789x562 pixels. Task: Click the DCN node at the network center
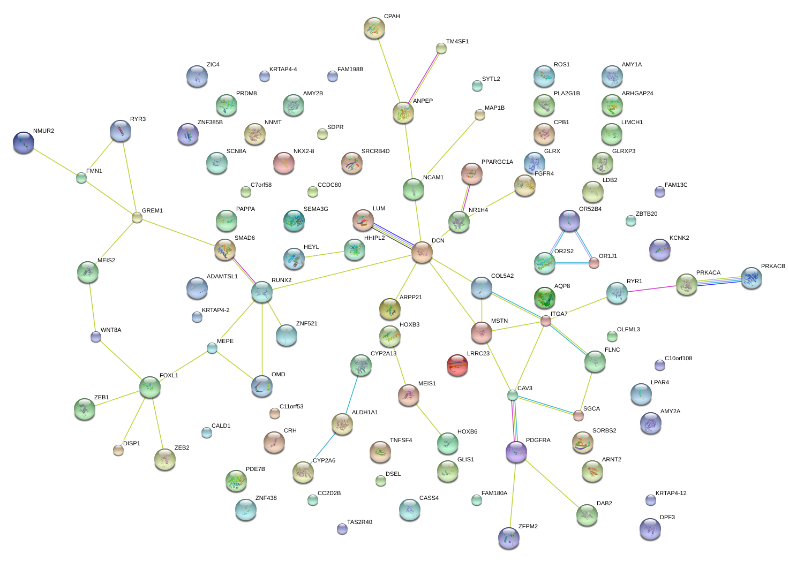pyautogui.click(x=422, y=252)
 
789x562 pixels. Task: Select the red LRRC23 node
pyautogui.click(x=457, y=365)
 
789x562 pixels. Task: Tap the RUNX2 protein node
pyautogui.click(x=262, y=292)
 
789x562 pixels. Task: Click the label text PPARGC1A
pyautogui.click(x=497, y=162)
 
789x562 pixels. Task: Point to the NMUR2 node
pyautogui.click(x=24, y=142)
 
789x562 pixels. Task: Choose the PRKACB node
pyautogui.click(x=751, y=278)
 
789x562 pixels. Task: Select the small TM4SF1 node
pyautogui.click(x=441, y=49)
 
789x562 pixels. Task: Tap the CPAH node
pyautogui.click(x=374, y=28)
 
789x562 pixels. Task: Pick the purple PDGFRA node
pyautogui.click(x=516, y=452)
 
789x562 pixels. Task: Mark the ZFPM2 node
pyautogui.click(x=508, y=538)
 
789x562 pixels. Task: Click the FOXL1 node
pyautogui.click(x=150, y=387)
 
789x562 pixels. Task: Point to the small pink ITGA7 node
pyautogui.click(x=545, y=321)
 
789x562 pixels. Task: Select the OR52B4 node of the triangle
pyautogui.click(x=569, y=220)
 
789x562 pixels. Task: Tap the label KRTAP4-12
pyautogui.click(x=671, y=493)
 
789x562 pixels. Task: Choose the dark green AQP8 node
pyautogui.click(x=545, y=298)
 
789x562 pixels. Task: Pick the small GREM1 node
pyautogui.click(x=137, y=217)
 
